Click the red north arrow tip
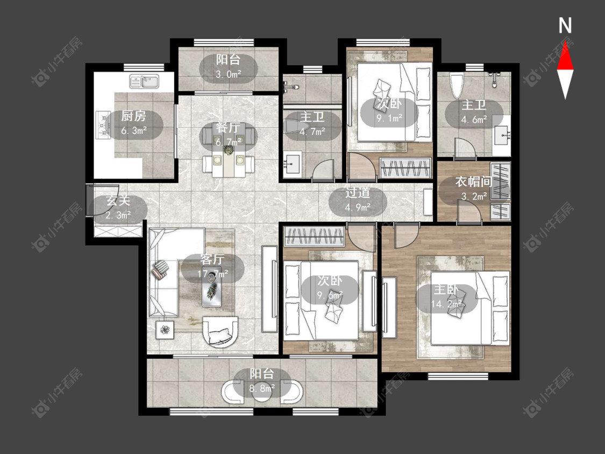point(565,42)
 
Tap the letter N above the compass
point(565,26)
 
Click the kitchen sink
point(145,81)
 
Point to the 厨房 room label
point(133,116)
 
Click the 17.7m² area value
point(212,274)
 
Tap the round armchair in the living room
point(220,332)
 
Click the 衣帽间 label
point(474,181)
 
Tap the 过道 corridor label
point(358,193)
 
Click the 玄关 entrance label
point(118,201)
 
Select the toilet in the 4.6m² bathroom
point(456,86)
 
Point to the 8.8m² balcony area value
point(262,388)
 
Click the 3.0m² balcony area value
point(229,74)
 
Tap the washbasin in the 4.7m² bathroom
point(293,164)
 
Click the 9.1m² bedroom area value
point(390,118)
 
